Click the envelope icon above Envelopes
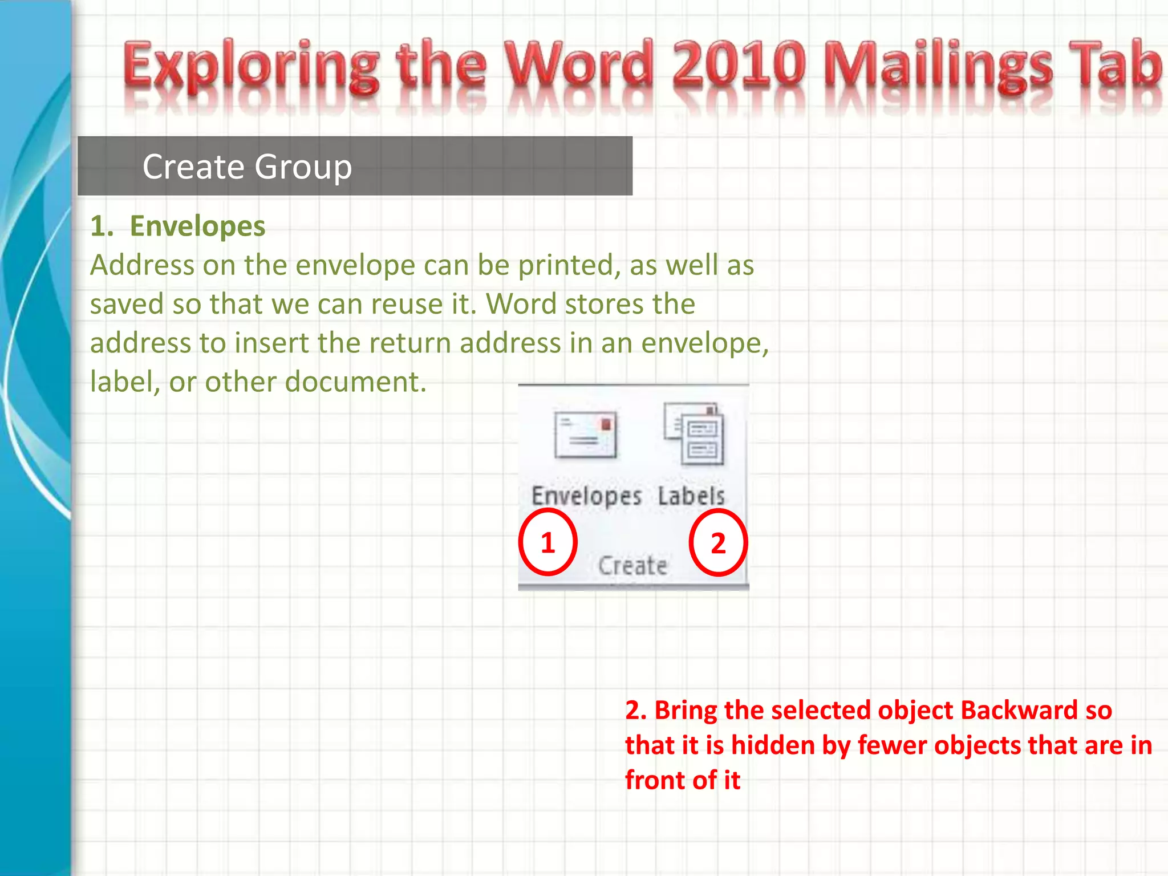coord(586,435)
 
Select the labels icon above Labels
coord(694,434)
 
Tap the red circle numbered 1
coord(547,542)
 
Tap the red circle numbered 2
coord(718,543)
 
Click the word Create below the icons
coord(632,566)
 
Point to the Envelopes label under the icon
coord(586,496)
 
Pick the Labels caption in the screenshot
coord(691,496)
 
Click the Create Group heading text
coord(247,167)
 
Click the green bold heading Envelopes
coord(197,226)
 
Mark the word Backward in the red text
coord(1019,711)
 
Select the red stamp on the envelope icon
coord(606,424)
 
